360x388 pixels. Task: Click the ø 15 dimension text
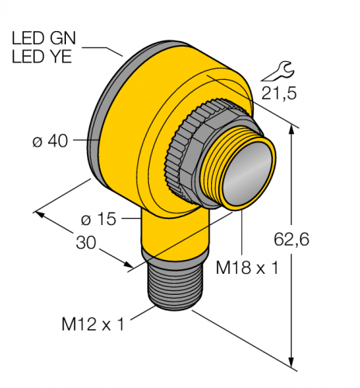click(99, 219)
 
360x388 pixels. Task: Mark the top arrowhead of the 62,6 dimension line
click(292, 130)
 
